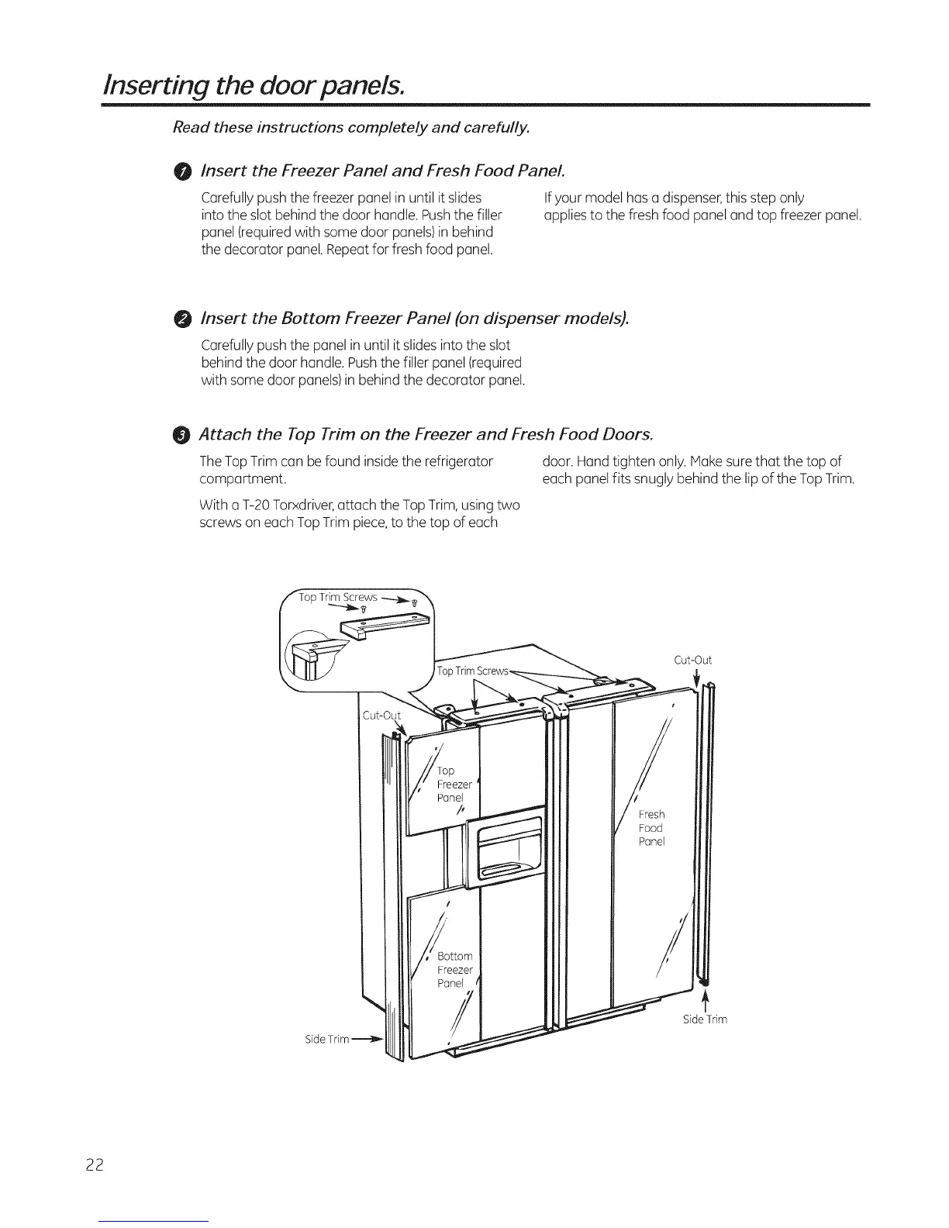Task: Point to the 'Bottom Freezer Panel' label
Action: point(454,970)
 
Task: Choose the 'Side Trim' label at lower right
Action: point(705,1019)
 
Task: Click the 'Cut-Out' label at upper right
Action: point(692,661)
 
